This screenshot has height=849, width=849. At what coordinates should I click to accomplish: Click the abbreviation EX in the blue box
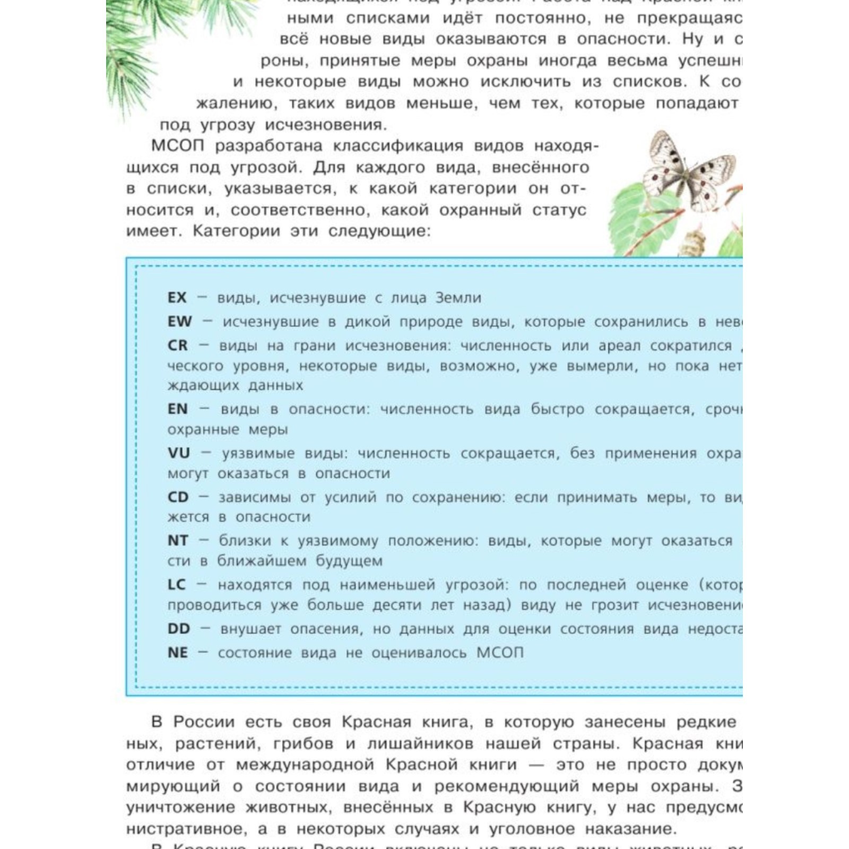pos(177,298)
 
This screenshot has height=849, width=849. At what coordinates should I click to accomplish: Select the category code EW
pos(179,322)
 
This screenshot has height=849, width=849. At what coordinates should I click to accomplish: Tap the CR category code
pos(177,345)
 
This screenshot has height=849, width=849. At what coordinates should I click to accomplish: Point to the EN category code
pos(177,409)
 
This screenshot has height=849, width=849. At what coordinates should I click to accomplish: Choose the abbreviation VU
pos(178,453)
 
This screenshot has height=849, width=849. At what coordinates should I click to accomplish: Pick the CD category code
pos(178,497)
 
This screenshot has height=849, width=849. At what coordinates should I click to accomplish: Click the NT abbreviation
pos(178,541)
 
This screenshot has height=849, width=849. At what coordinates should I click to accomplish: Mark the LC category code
pos(176,585)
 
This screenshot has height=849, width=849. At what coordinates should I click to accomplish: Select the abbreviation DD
pos(178,629)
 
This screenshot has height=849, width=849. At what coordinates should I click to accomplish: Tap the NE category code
pos(177,653)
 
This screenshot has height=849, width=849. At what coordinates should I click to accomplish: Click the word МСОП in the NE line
pos(499,653)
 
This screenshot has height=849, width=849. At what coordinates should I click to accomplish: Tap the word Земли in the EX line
pos(458,298)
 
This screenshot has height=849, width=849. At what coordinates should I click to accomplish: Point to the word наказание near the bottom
pos(630,829)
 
